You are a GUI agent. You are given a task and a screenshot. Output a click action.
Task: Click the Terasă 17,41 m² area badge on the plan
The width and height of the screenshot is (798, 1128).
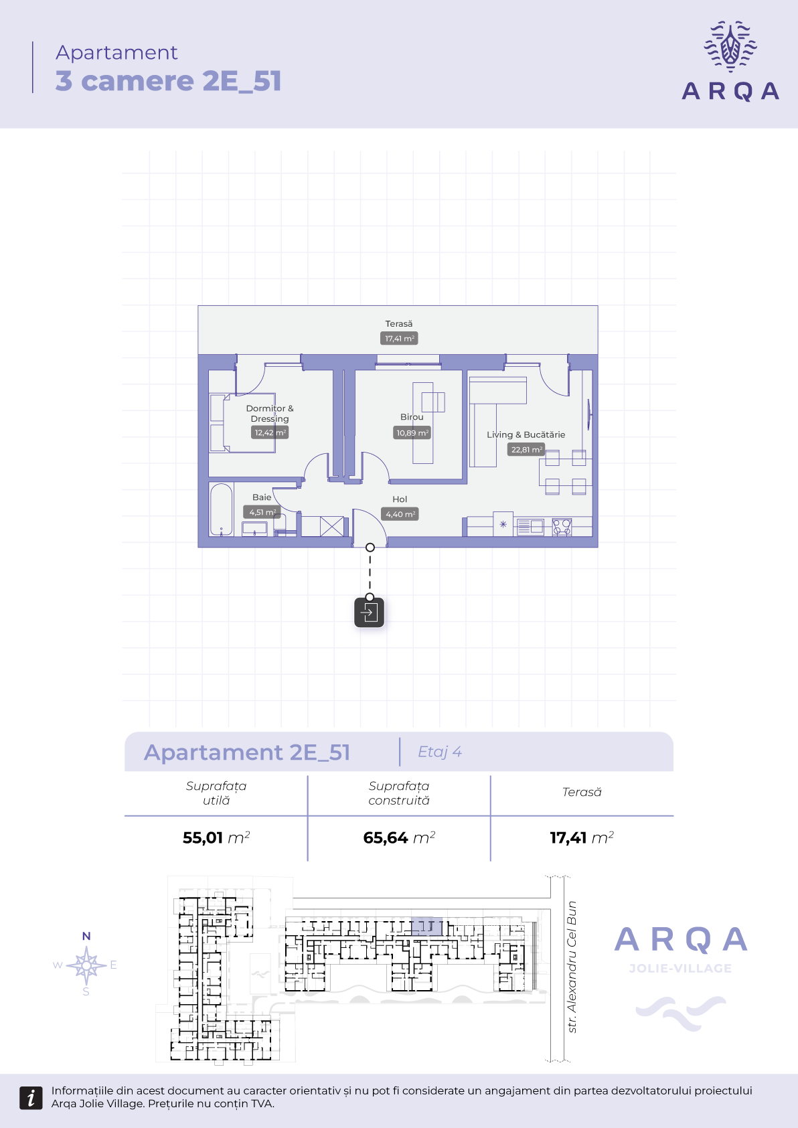point(399,339)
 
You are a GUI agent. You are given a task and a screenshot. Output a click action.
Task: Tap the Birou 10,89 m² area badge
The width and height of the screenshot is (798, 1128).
point(412,432)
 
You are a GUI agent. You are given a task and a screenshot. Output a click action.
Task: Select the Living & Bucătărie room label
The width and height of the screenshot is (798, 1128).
point(526,434)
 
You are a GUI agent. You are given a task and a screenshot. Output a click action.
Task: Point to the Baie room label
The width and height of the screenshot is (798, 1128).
point(262,497)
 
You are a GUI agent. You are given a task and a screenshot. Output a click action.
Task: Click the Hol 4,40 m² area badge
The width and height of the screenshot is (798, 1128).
point(400,514)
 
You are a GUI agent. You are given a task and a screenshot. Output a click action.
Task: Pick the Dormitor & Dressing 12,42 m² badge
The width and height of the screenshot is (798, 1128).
point(270,432)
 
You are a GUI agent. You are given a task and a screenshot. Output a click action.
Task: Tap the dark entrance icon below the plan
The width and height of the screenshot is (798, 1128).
point(369,613)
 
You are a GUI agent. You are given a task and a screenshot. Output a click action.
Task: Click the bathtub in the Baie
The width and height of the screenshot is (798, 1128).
point(221,509)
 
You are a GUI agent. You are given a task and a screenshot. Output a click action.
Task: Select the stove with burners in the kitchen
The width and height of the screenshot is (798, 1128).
point(562,527)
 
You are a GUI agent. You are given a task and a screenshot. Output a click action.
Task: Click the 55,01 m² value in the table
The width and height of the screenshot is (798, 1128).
point(216,837)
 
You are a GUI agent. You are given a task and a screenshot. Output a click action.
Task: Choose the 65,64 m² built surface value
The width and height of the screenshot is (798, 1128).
point(399,837)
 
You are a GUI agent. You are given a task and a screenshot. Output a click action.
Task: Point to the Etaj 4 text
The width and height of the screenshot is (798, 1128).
point(440,752)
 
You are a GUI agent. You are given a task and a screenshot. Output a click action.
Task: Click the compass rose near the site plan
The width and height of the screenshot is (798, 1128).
point(86,965)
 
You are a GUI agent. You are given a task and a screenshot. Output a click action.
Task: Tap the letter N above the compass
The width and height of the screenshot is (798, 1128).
point(86,936)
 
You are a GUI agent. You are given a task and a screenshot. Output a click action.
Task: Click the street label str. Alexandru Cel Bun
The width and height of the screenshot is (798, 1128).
point(572,967)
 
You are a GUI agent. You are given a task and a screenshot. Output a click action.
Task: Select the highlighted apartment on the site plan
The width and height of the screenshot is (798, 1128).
point(427,926)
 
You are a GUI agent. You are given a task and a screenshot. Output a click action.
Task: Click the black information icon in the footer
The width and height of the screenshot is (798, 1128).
point(31,1098)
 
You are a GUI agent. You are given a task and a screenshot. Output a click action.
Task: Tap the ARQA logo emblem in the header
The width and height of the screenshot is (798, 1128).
point(730,46)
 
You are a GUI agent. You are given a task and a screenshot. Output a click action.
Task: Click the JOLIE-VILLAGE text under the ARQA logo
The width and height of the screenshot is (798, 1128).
point(680,969)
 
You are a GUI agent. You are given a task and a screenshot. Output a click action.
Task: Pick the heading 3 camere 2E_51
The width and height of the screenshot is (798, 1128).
point(168,80)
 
